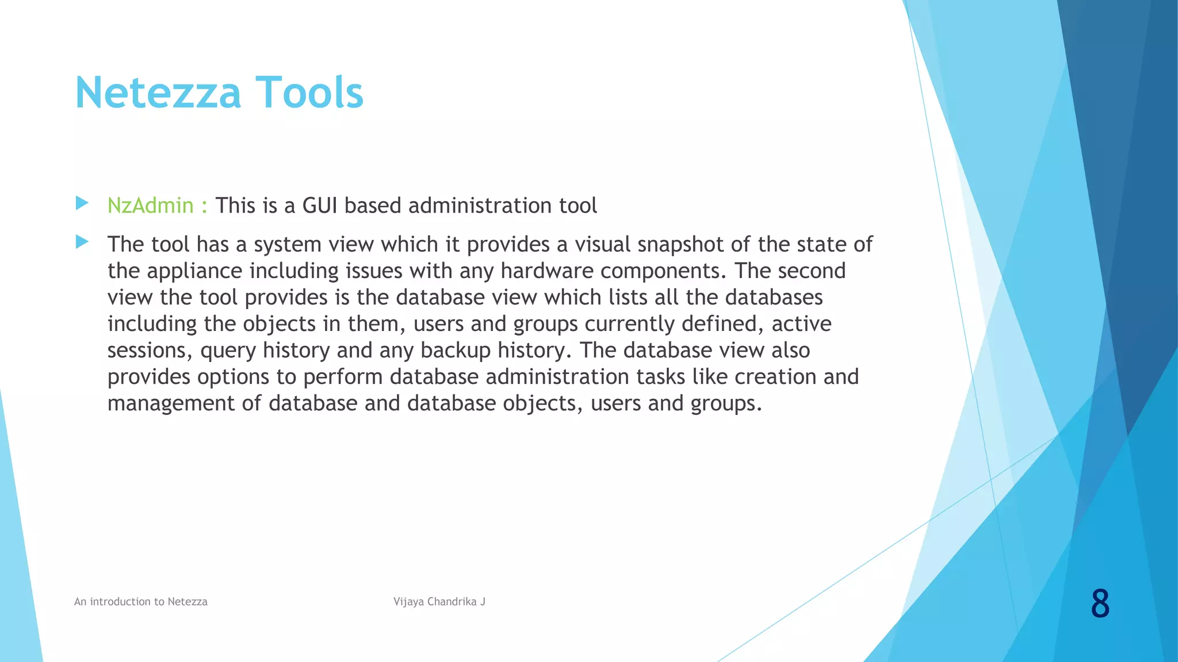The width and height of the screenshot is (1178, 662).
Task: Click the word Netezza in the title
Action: click(158, 93)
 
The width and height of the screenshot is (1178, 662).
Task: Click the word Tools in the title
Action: click(309, 93)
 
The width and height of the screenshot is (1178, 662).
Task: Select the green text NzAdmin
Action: click(150, 206)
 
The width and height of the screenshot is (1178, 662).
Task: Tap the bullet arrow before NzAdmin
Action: click(82, 203)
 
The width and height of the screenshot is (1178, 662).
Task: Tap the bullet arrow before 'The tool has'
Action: click(82, 242)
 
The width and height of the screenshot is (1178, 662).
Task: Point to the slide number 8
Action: click(1099, 604)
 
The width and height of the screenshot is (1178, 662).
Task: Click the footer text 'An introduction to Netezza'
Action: click(140, 602)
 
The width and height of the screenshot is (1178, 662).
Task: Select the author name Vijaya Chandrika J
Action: click(439, 602)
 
